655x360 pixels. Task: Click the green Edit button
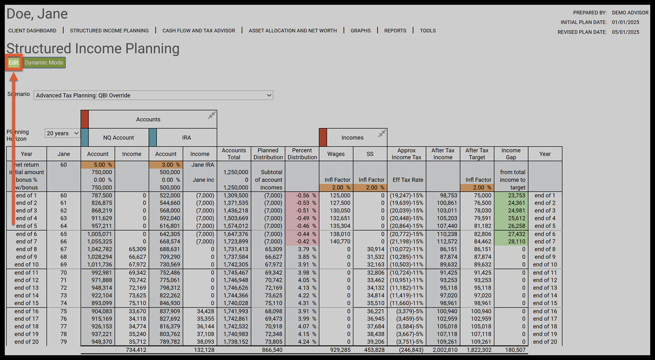[14, 63]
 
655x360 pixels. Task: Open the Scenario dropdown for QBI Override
[153, 96]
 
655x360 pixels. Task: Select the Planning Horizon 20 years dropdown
[62, 133]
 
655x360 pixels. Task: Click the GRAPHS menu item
[360, 31]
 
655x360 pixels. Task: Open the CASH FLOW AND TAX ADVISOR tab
[198, 31]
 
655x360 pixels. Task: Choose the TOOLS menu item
[428, 31]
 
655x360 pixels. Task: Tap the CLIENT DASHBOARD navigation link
[32, 31]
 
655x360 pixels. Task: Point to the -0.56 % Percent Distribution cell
[302, 196]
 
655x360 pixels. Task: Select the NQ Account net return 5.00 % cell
[98, 165]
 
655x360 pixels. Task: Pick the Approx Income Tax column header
[407, 154]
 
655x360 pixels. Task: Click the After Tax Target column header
[477, 154]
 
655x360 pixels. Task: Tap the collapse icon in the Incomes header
[382, 134]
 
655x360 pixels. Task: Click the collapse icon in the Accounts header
[212, 115]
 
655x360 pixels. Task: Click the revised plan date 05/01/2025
[626, 32]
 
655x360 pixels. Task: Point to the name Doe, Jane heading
[37, 14]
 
